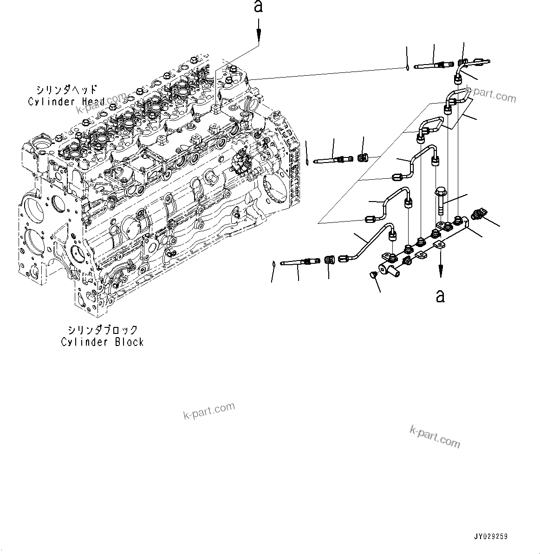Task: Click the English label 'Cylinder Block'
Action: click(x=102, y=342)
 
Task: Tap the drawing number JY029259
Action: click(x=490, y=536)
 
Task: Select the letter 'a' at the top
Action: click(x=259, y=7)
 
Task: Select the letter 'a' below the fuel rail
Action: click(x=440, y=295)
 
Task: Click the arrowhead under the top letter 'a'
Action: click(x=259, y=35)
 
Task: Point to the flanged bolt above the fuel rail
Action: click(x=440, y=200)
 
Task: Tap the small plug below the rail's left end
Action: click(x=372, y=276)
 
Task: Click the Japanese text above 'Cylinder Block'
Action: click(x=102, y=330)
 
